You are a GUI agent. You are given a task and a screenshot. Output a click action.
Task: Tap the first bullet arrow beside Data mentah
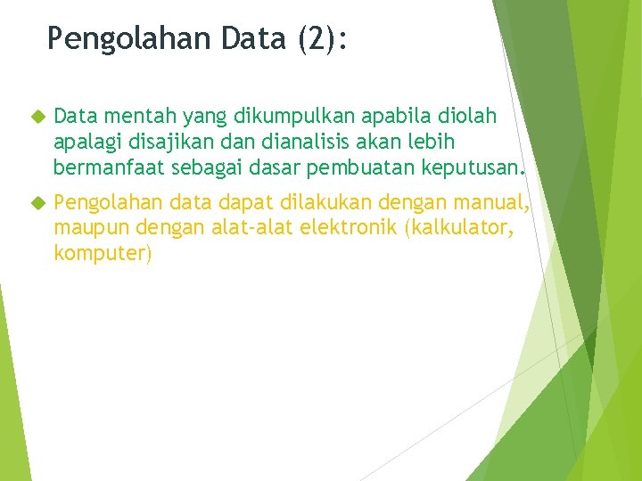[37, 117]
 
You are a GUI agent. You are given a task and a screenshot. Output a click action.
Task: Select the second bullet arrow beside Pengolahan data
[37, 207]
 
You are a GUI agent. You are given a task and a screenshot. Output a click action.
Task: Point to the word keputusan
[478, 167]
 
